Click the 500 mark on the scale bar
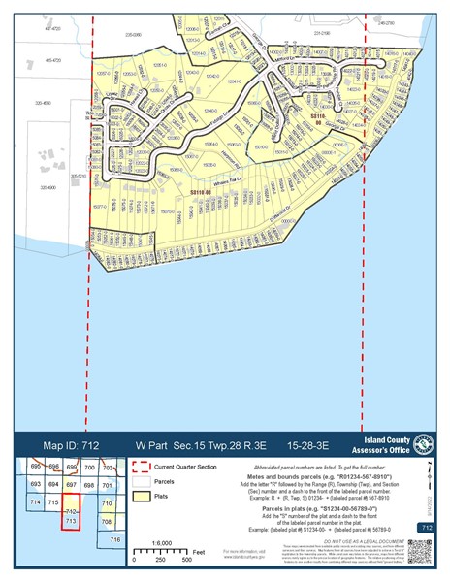pos(186,560)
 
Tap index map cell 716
pos(114,538)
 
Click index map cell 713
pos(70,522)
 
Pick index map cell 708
pos(107,521)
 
